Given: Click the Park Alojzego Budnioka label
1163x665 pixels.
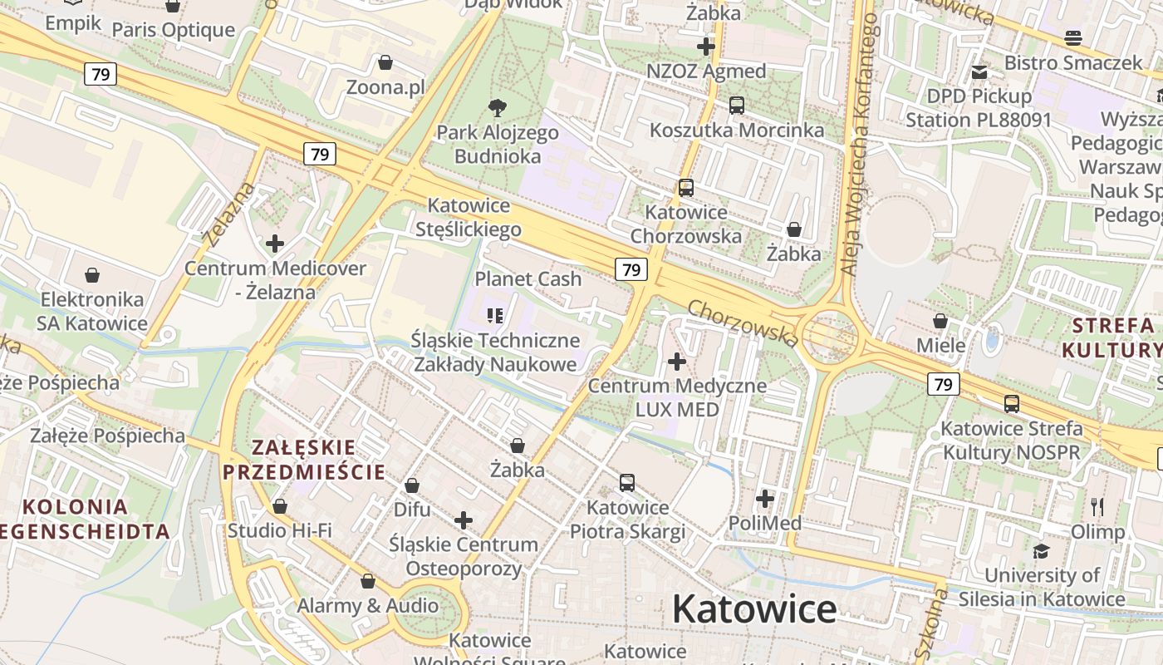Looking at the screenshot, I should [x=498, y=144].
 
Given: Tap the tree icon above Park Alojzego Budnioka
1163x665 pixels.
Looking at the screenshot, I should [x=498, y=107].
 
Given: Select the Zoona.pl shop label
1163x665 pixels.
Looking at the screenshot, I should [x=385, y=87].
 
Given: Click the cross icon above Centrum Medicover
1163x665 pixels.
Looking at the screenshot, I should [x=275, y=244].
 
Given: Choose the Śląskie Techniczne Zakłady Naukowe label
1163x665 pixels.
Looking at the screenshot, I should [x=495, y=352].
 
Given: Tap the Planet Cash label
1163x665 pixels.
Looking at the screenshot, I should [x=528, y=279].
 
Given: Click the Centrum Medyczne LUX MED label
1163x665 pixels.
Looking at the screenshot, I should [x=677, y=397].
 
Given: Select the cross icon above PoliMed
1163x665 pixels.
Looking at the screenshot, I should [x=765, y=499].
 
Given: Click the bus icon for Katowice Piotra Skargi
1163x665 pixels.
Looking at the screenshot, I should [x=627, y=483].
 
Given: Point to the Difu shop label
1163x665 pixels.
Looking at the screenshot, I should [x=412, y=509].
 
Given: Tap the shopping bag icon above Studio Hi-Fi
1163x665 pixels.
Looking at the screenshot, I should [x=280, y=506].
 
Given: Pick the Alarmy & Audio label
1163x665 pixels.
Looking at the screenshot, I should [x=368, y=605].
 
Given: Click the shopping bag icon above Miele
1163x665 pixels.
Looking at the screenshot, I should [x=940, y=321].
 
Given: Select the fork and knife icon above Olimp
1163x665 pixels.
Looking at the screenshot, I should [x=1097, y=507].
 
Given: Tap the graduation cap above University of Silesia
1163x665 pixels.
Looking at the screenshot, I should [x=1041, y=551].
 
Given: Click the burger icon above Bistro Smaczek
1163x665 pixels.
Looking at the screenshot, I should [x=1073, y=38].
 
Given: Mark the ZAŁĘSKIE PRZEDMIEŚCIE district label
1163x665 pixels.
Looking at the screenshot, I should [x=304, y=460].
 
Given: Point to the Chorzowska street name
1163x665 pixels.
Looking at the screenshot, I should [x=743, y=323].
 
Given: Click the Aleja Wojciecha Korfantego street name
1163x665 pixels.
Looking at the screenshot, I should [x=858, y=145].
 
